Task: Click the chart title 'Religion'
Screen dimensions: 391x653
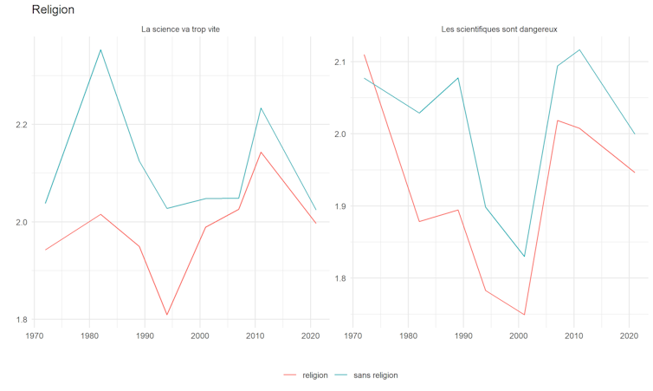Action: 53,10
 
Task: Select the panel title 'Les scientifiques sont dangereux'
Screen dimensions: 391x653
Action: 499,29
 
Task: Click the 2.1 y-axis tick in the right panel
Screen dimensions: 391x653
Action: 338,62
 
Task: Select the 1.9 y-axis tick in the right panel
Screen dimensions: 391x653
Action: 338,206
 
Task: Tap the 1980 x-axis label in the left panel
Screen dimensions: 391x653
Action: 89,335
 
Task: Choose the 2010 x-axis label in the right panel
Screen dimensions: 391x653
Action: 573,335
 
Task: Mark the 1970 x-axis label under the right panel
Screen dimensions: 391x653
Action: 353,335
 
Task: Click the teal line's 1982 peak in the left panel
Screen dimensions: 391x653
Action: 100,49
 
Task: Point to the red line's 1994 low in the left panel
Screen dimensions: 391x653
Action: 166,315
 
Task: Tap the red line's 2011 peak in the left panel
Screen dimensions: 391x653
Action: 261,153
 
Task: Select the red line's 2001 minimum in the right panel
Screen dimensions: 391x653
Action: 525,315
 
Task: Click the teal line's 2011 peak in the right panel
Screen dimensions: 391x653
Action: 579,49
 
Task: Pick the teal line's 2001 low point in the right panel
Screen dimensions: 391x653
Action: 525,257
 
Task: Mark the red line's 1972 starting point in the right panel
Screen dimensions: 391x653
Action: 364,55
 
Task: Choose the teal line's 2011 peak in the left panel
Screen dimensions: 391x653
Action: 261,108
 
